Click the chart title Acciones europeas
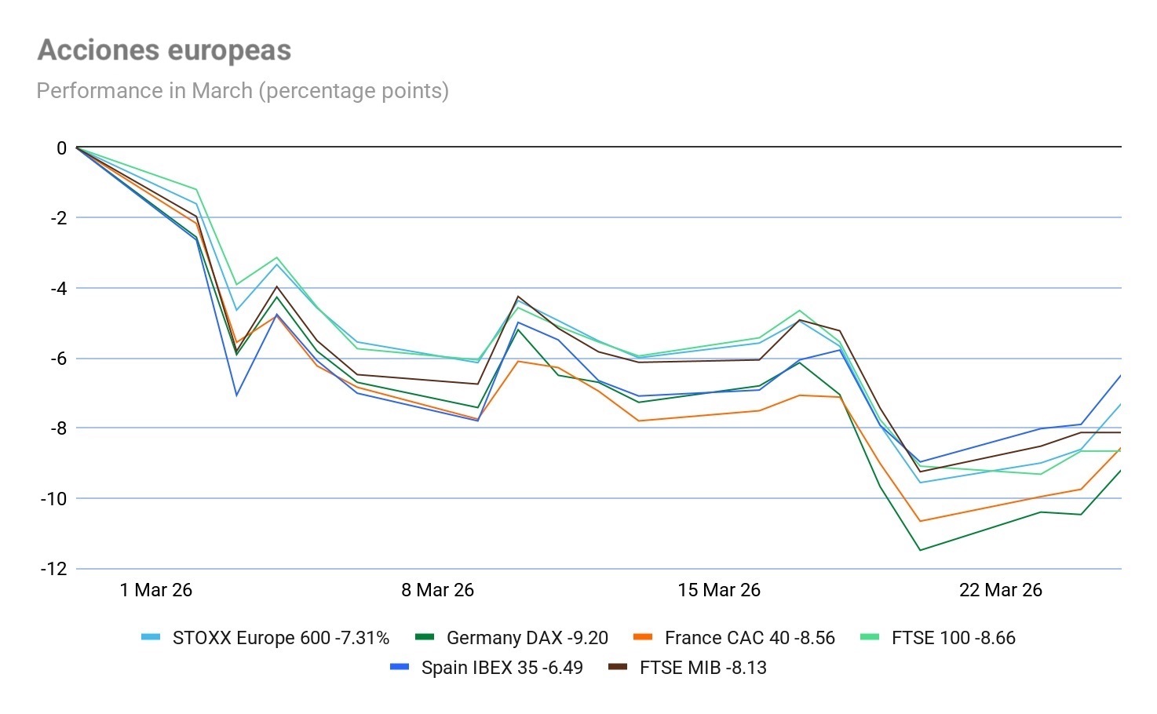(x=164, y=50)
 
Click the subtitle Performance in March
(x=243, y=91)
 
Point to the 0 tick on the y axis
(x=61, y=148)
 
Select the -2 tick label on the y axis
(x=58, y=218)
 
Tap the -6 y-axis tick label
(x=58, y=359)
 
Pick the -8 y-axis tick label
(x=58, y=428)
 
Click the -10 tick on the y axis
(x=54, y=498)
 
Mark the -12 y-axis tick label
(x=54, y=569)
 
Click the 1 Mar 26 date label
(x=155, y=590)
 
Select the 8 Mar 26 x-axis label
(x=437, y=590)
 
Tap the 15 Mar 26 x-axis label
(x=719, y=590)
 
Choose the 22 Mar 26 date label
(x=1000, y=590)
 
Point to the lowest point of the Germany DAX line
(x=920, y=550)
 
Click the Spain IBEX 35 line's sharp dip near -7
(x=236, y=395)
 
